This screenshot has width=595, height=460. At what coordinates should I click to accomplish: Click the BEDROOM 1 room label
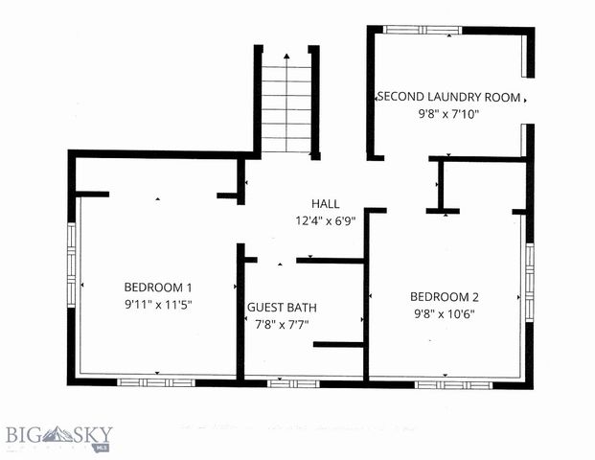click(158, 287)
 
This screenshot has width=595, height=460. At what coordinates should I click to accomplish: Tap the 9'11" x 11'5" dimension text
click(158, 304)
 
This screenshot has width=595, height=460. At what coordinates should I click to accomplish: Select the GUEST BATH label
click(282, 308)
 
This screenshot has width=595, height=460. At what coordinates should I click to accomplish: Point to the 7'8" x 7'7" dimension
click(282, 324)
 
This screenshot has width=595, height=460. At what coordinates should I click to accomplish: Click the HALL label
click(325, 203)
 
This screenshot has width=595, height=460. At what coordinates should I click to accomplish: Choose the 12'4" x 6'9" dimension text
click(325, 220)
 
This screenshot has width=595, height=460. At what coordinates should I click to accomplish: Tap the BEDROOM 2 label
click(444, 296)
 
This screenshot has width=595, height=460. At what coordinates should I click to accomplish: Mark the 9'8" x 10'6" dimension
click(444, 313)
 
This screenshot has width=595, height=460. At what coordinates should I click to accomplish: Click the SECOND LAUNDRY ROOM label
click(448, 97)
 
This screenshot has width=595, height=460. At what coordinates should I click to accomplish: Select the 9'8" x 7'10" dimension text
click(448, 114)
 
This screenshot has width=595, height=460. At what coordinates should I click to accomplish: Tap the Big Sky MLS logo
click(57, 438)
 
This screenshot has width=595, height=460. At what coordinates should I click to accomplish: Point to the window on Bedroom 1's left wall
click(71, 264)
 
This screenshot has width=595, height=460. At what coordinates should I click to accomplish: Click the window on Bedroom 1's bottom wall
click(156, 382)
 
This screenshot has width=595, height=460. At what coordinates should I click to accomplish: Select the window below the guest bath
click(293, 383)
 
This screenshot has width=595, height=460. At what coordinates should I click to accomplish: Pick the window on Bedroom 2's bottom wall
click(453, 384)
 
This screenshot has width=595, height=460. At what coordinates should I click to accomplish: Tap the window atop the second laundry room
click(422, 30)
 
